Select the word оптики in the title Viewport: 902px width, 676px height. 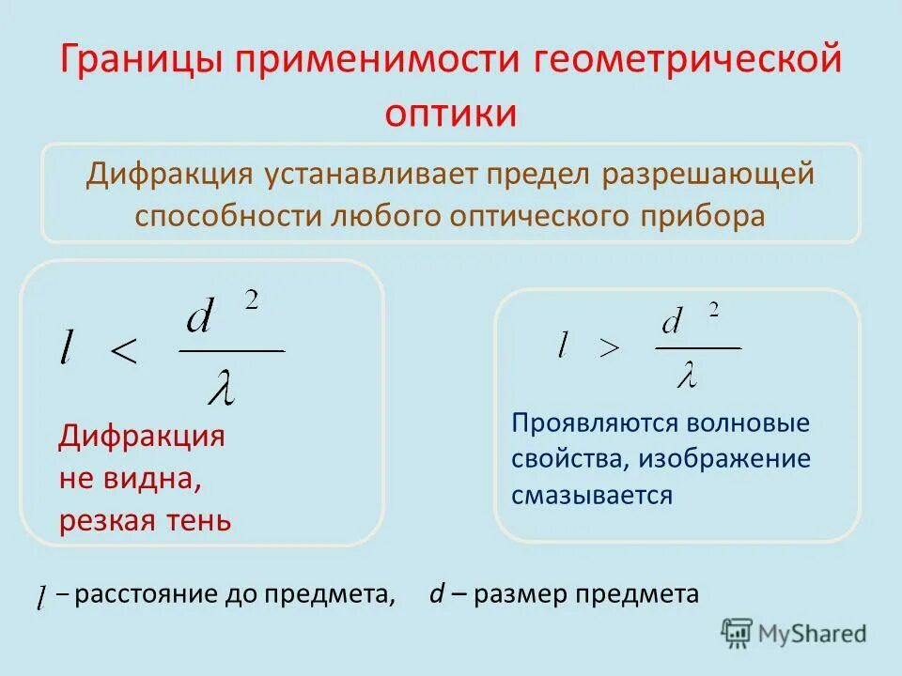451,113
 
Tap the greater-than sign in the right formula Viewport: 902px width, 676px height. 610,348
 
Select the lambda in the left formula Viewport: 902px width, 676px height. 221,387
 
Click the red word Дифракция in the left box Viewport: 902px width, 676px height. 142,438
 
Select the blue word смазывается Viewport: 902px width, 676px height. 592,495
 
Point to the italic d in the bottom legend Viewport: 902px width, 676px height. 436,594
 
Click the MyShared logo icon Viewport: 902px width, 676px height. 737,633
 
